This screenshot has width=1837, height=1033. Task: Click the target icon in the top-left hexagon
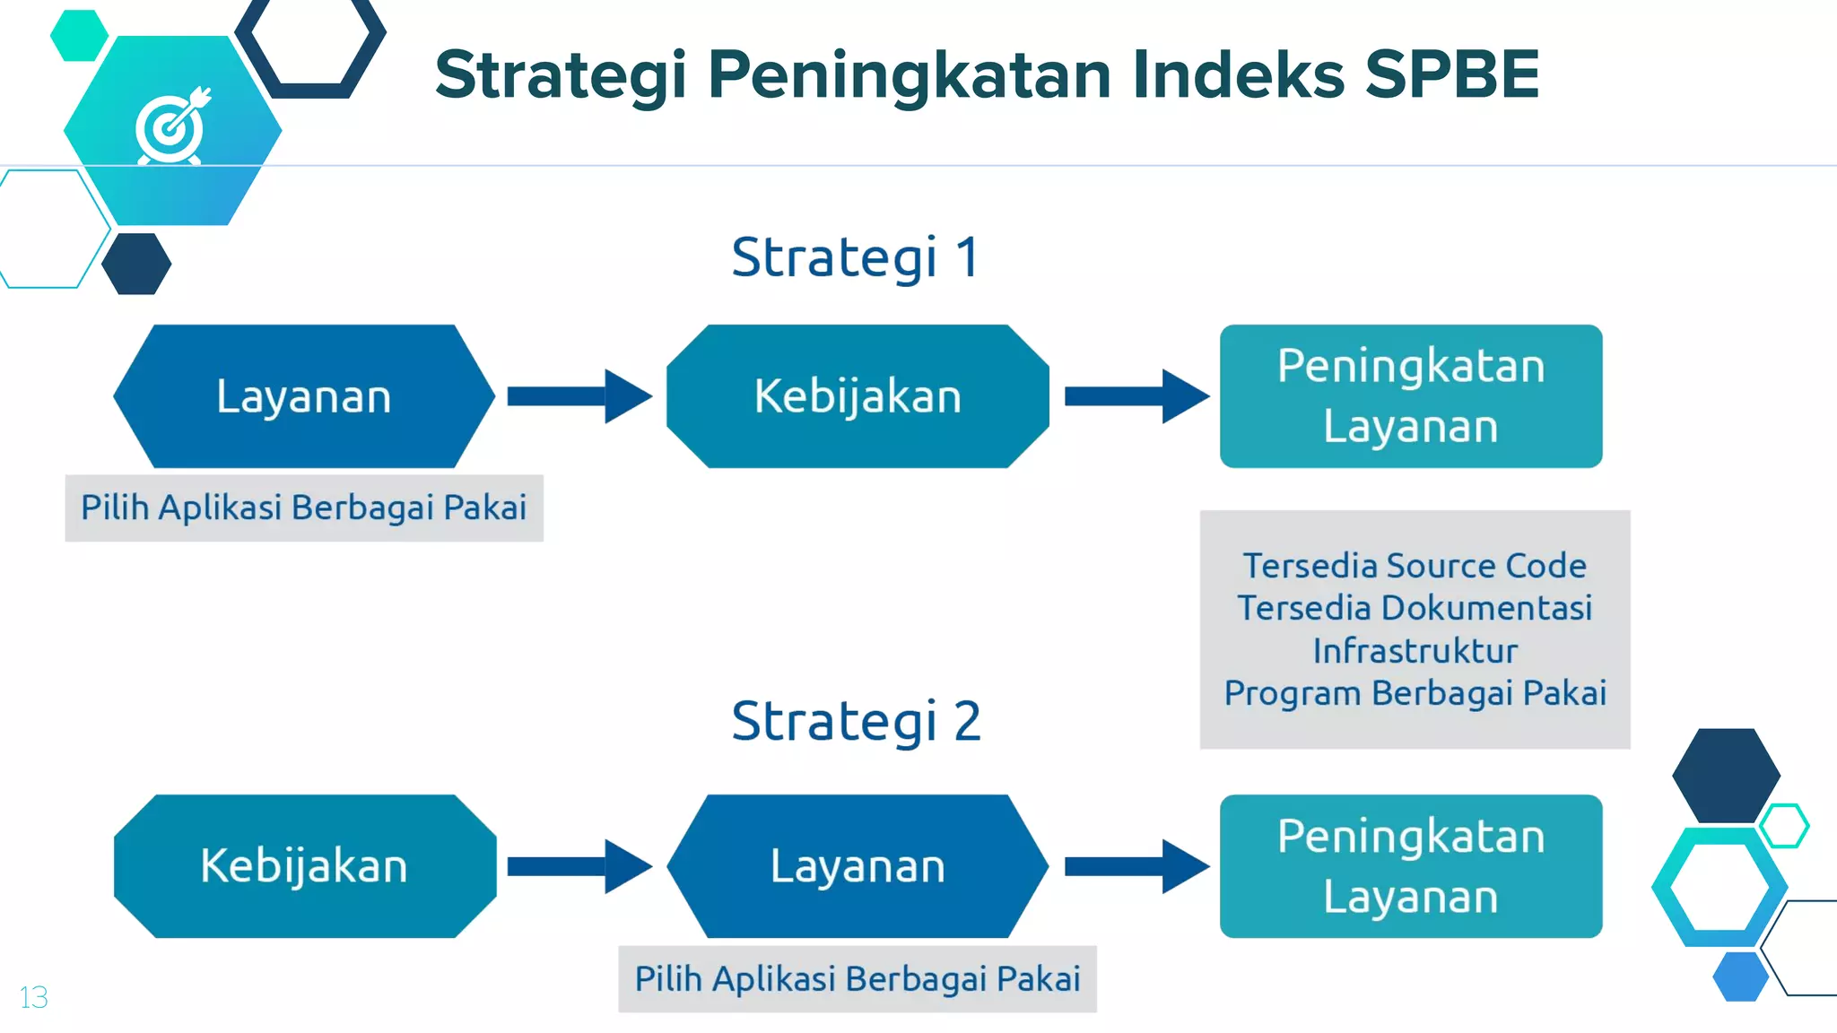click(172, 128)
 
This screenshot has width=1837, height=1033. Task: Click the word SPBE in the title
click(1451, 74)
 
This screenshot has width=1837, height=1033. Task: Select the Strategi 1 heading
click(855, 257)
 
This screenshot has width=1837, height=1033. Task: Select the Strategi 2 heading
click(856, 721)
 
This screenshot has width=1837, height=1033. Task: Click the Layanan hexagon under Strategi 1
click(304, 396)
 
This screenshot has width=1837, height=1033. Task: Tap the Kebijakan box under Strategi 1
click(858, 396)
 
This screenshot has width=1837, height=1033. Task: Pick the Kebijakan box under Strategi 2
click(304, 866)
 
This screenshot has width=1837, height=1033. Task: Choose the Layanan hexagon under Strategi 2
click(858, 866)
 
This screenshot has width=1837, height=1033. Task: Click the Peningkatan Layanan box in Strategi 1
click(1411, 396)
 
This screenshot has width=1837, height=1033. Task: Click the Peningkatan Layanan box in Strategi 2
click(1411, 866)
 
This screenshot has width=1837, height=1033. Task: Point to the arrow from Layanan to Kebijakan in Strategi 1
click(579, 396)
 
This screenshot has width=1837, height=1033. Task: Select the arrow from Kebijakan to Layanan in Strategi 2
click(579, 866)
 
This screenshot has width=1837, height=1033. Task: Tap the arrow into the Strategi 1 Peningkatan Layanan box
click(1136, 396)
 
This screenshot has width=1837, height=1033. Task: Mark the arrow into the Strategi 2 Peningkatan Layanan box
click(1136, 866)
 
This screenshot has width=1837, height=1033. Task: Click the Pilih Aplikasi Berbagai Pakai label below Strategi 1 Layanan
click(304, 508)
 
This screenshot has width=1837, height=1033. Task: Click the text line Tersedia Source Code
click(1415, 566)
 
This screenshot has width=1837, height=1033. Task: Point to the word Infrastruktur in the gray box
click(1415, 651)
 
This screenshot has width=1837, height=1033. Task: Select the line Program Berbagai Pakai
click(1415, 693)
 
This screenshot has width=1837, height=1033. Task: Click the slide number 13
click(33, 997)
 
